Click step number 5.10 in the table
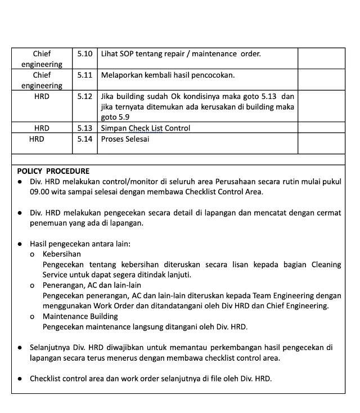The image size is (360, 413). pos(84,54)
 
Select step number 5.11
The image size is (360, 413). pos(84,75)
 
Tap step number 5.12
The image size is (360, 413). pos(84,96)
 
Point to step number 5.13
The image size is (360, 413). pos(84,128)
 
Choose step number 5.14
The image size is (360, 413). pos(84,139)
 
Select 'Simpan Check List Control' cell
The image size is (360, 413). pos(145,128)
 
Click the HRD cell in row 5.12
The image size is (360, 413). pos(42,96)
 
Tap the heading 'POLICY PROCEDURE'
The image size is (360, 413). pos(53,171)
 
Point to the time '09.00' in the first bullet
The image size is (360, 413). pos(41,192)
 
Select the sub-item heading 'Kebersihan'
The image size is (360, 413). pos(61,254)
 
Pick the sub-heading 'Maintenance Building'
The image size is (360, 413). pos(80,316)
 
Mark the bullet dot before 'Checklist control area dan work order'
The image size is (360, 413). pos(20,379)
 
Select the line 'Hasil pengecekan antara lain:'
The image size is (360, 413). pos(80,244)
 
